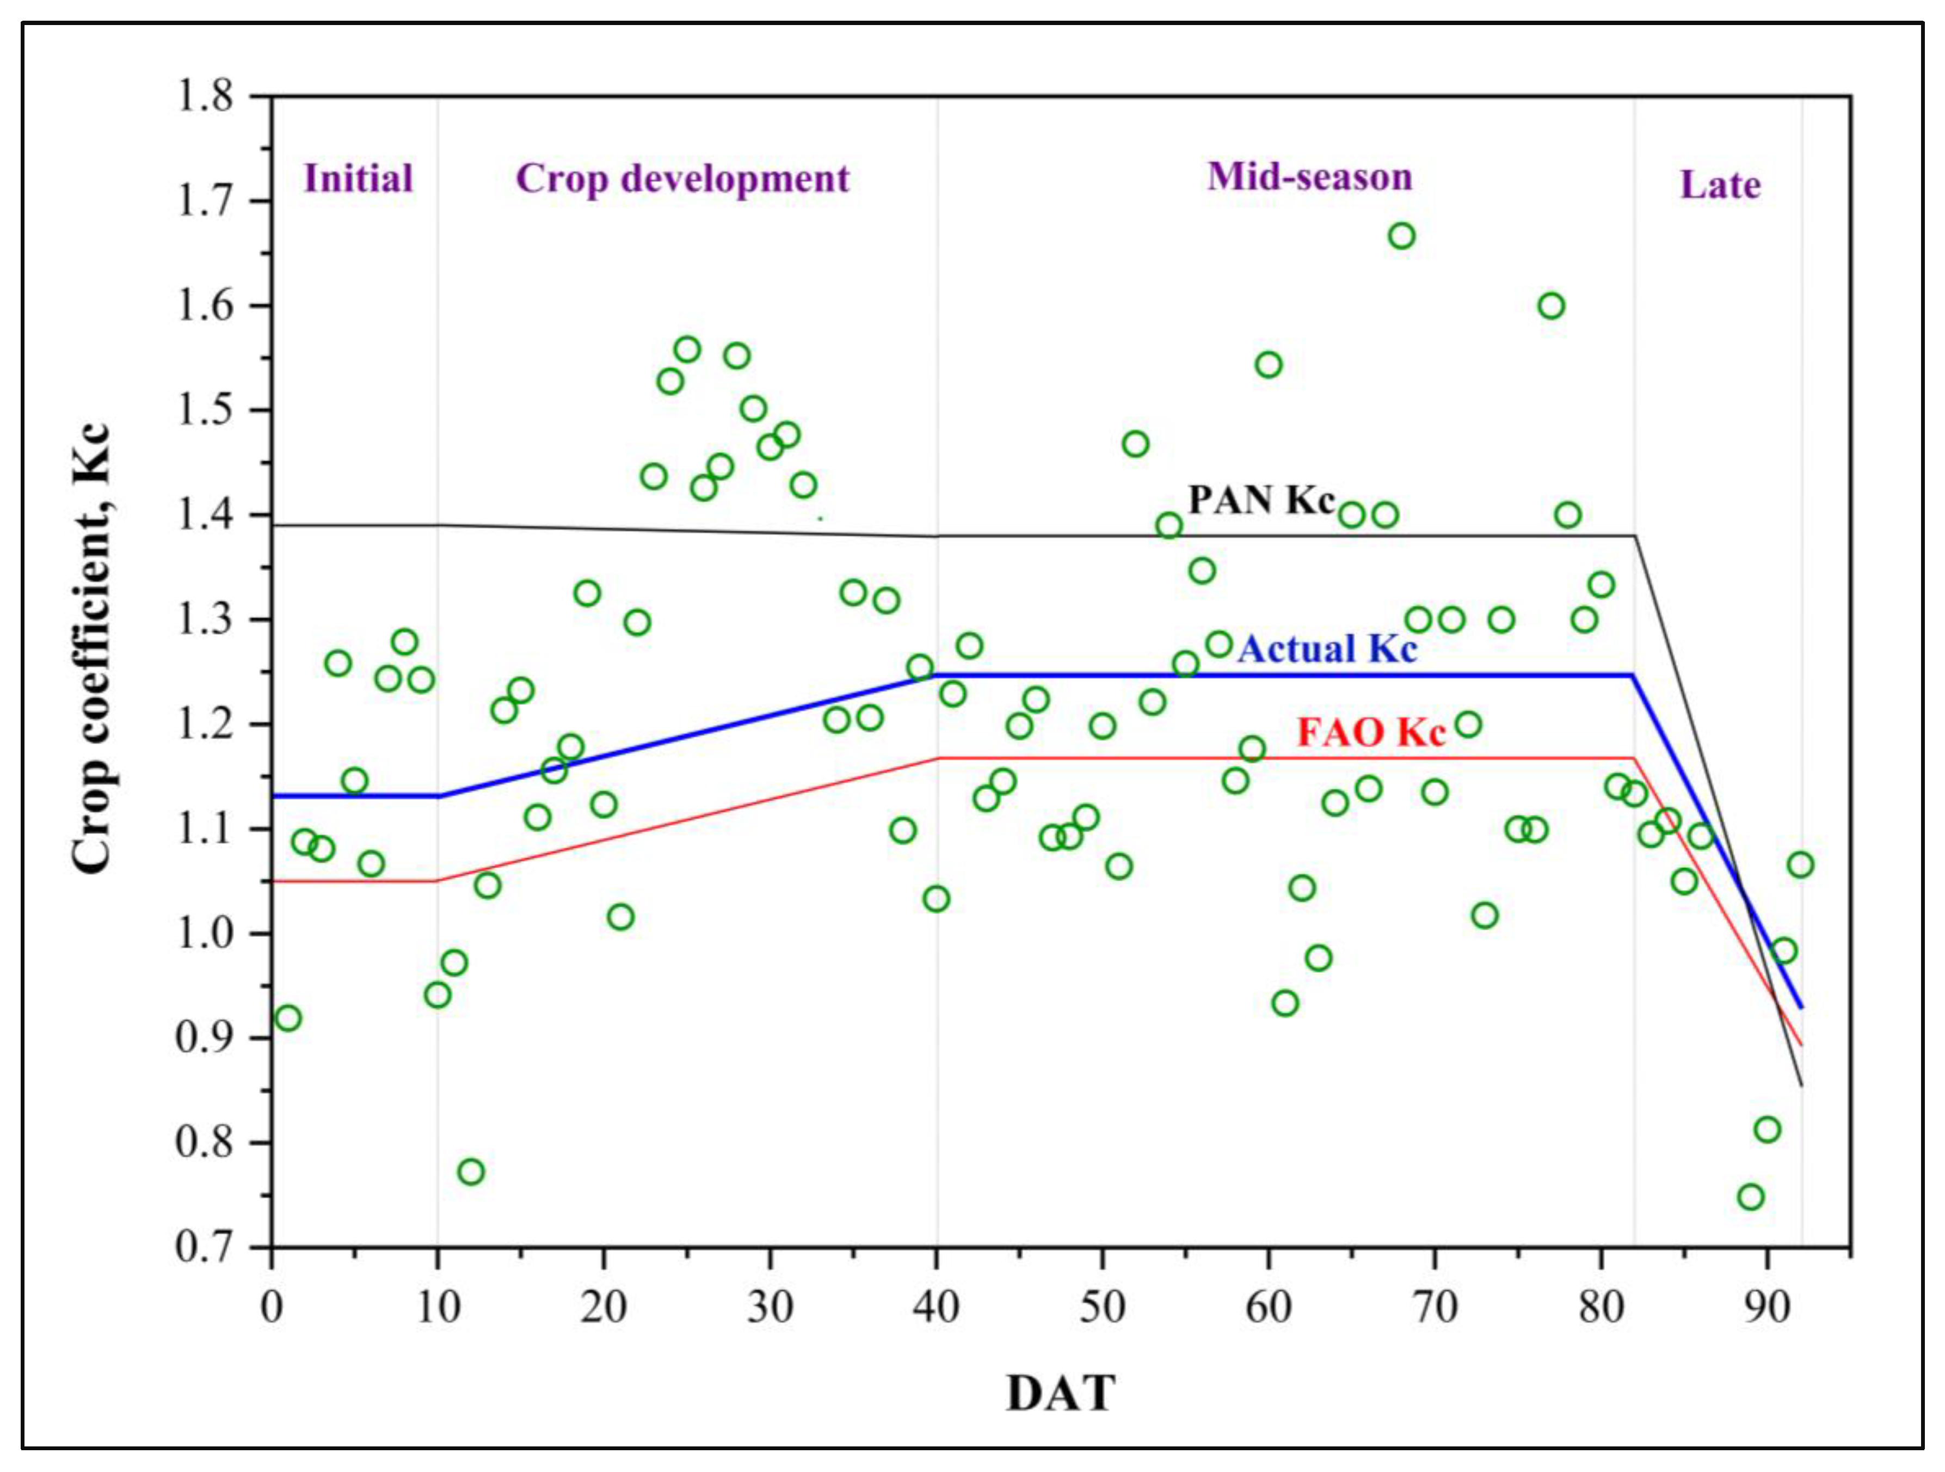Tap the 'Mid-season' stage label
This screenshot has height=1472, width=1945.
(1309, 177)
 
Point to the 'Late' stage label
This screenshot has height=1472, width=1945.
(1720, 186)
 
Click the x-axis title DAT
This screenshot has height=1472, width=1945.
(1061, 1394)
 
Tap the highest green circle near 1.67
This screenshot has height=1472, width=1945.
(1401, 236)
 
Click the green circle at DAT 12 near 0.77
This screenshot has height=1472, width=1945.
(470, 1172)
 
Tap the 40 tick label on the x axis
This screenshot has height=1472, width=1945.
(937, 1308)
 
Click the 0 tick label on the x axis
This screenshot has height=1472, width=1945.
(272, 1308)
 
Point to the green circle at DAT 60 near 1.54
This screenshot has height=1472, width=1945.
(1268, 365)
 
